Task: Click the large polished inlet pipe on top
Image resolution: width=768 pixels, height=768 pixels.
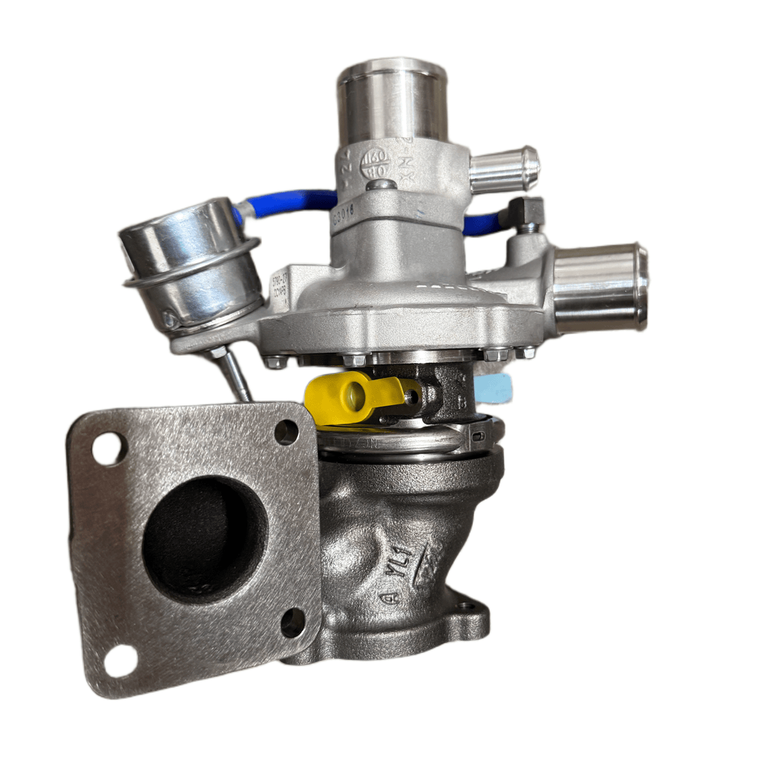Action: [391, 101]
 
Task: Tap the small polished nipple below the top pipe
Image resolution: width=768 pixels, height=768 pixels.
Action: [504, 169]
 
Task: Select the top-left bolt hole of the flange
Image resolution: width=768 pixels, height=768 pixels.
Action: [109, 448]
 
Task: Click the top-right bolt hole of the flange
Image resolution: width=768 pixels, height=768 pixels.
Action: [286, 432]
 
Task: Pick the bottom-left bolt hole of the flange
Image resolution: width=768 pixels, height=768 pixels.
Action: [120, 660]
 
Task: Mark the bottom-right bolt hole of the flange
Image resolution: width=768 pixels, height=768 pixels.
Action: [292, 622]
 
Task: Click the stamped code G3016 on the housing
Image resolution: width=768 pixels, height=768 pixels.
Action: [343, 216]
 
